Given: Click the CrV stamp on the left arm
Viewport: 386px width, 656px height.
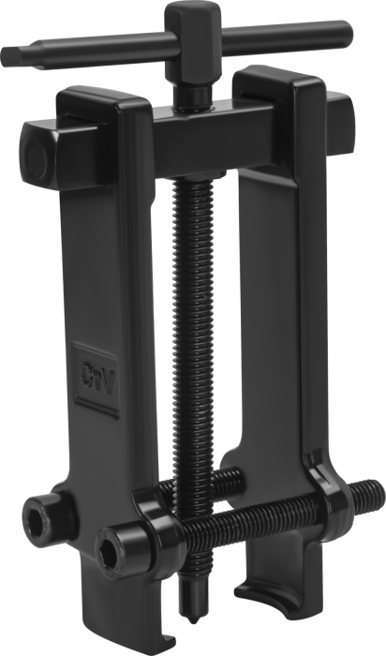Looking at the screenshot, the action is coord(97,373).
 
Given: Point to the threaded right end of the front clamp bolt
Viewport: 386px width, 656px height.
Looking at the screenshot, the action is coord(365,496).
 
